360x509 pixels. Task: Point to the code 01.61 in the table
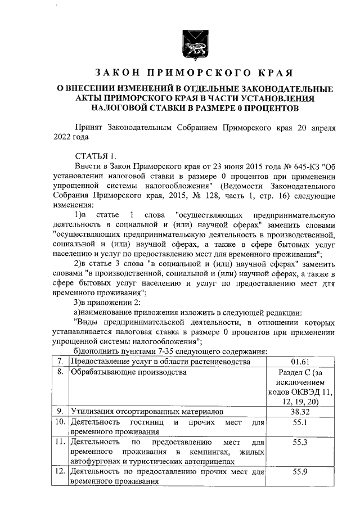(301, 361)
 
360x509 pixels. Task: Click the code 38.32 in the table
(301, 412)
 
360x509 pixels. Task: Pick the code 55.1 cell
(301, 422)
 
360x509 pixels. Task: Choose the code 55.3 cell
(301, 443)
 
